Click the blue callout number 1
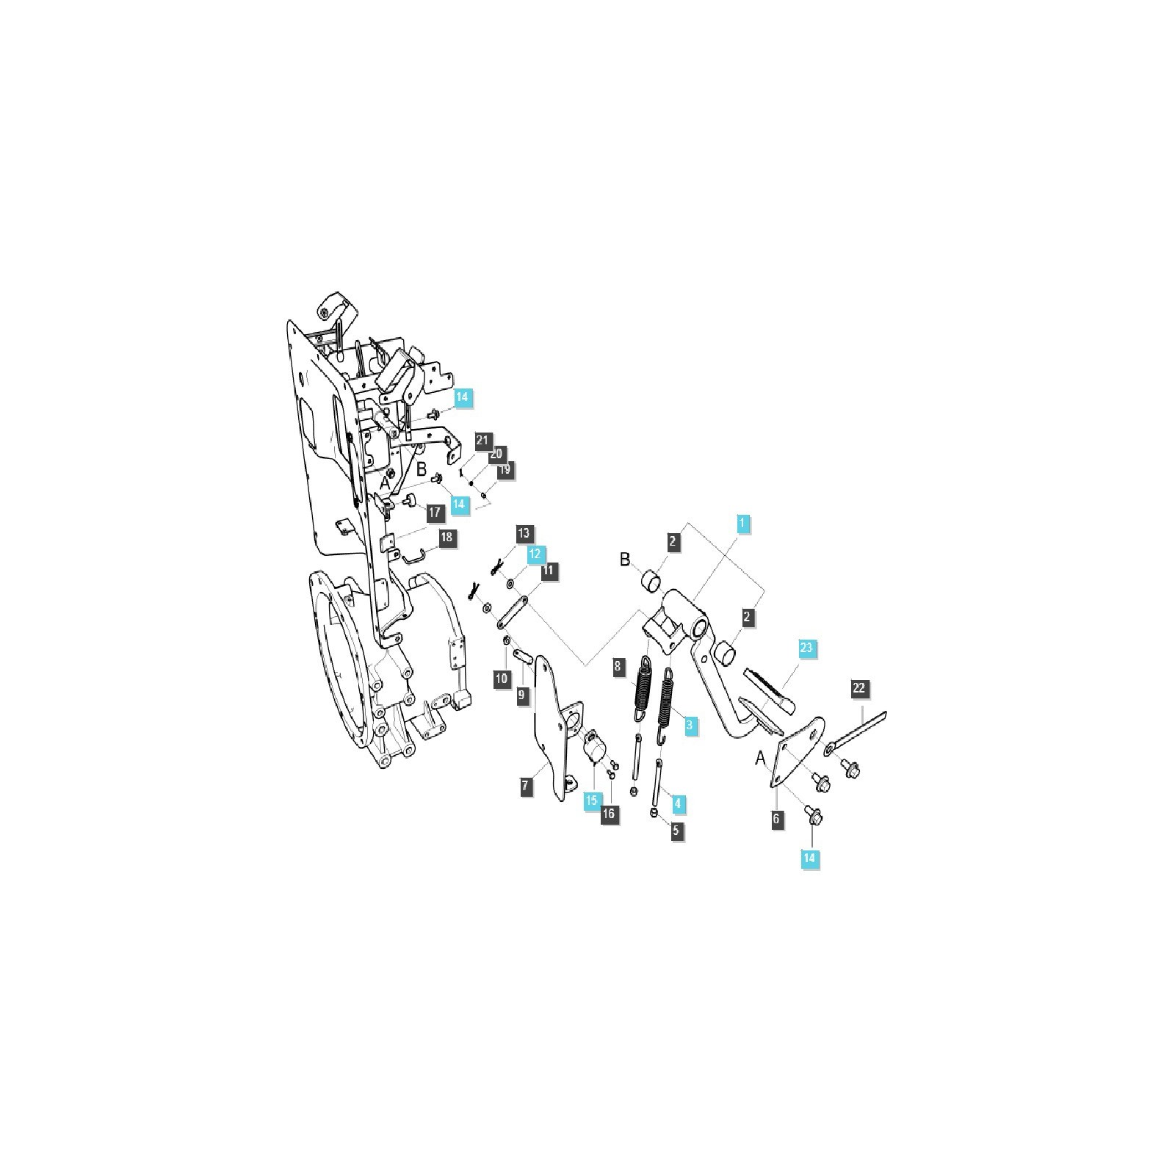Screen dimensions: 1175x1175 pyautogui.click(x=742, y=524)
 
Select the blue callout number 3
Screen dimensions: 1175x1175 pyautogui.click(x=689, y=725)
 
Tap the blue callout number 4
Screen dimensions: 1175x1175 pyautogui.click(x=677, y=803)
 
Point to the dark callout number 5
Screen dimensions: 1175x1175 pyautogui.click(x=676, y=831)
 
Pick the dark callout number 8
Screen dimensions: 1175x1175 pyautogui.click(x=618, y=667)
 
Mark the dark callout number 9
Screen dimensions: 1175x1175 pyautogui.click(x=522, y=694)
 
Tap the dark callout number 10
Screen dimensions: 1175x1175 pyautogui.click(x=502, y=679)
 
